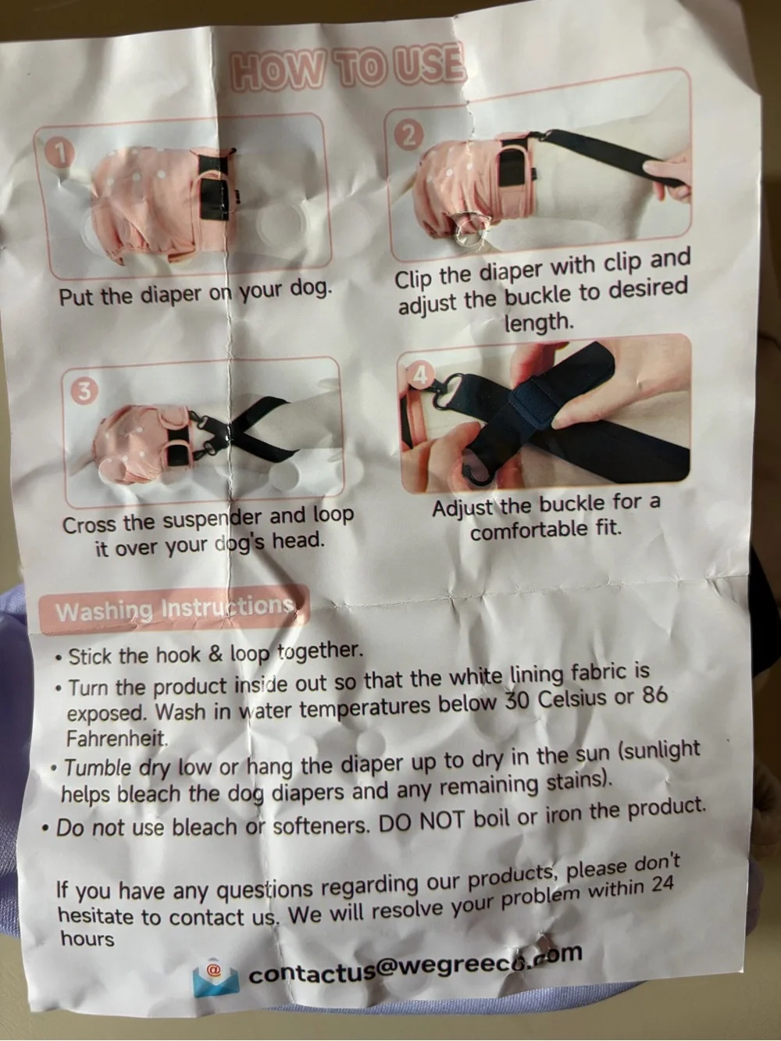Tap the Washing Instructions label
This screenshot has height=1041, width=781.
click(x=175, y=609)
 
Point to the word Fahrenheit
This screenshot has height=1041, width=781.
click(x=117, y=738)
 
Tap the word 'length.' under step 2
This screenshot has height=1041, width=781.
click(x=538, y=323)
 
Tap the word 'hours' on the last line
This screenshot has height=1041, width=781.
click(x=87, y=939)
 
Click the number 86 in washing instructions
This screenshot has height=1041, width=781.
click(x=654, y=697)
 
